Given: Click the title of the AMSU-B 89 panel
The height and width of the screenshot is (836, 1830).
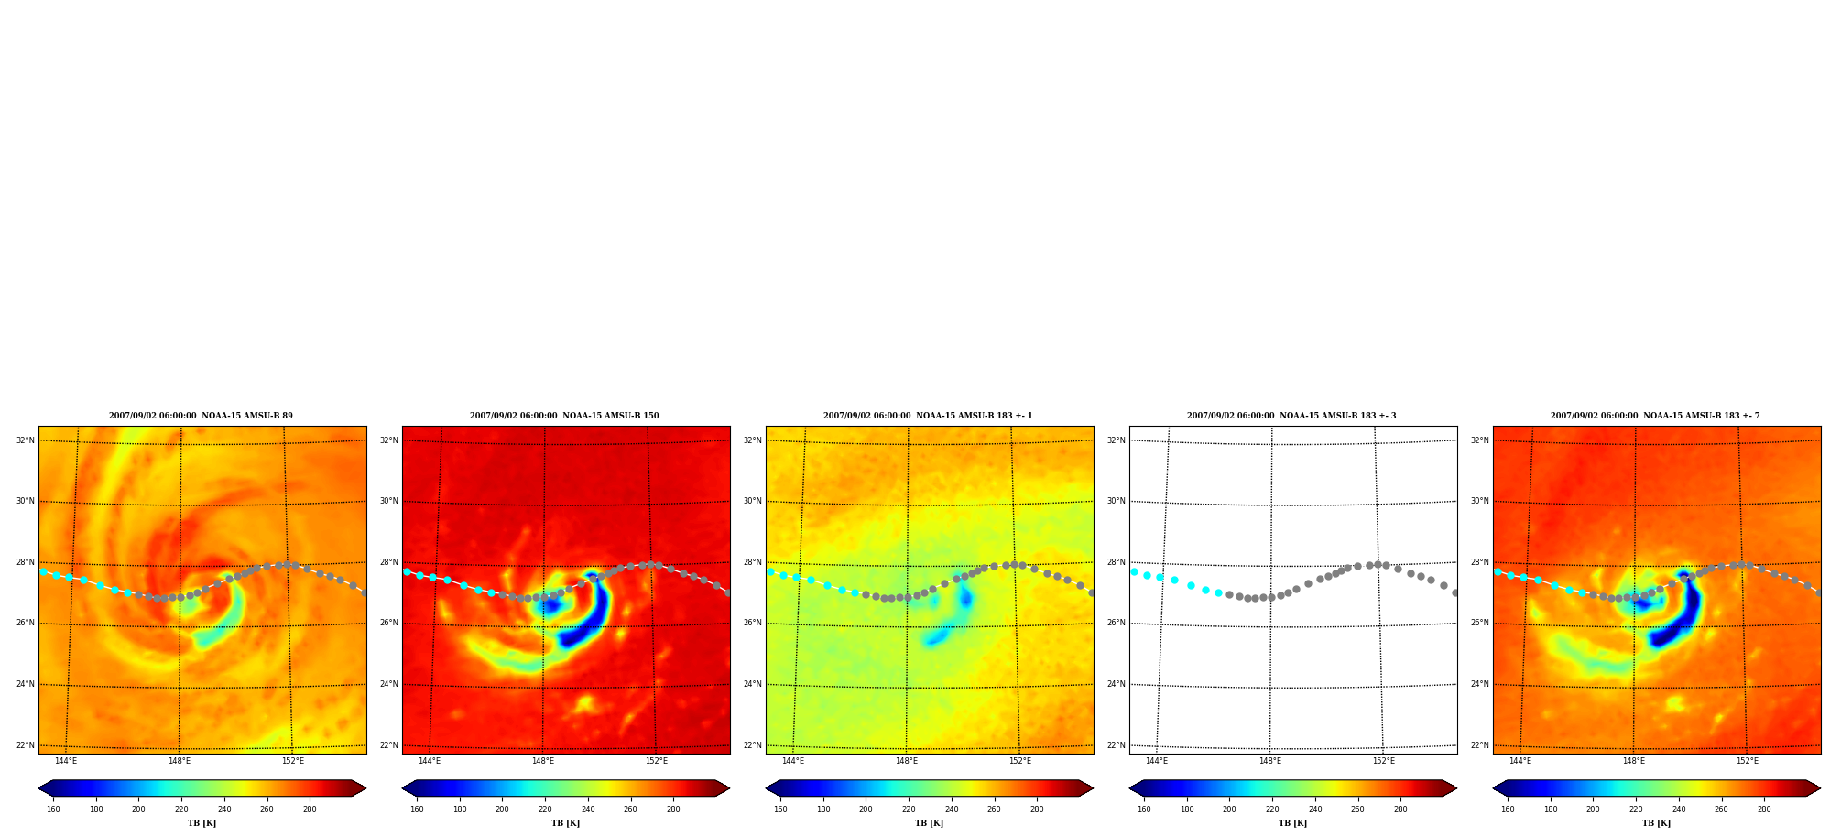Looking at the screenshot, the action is pos(201,416).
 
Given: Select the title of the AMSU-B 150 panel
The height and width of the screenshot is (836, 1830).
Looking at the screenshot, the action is pos(564,416).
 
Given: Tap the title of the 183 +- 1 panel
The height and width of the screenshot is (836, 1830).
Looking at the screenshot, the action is pos(928,416).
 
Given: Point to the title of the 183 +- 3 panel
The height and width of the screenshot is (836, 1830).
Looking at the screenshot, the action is pos(1291,416).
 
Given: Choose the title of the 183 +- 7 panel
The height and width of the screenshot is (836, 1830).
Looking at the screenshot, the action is pos(1655,416).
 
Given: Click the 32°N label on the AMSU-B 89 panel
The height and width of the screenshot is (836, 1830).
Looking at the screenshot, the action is pos(25,440).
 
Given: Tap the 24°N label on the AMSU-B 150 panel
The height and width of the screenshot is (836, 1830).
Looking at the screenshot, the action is pos(388,684).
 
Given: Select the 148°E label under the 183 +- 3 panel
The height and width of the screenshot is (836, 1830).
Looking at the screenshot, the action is pos(1269,761).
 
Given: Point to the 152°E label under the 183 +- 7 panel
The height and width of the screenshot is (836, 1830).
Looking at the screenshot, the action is pos(1747,761).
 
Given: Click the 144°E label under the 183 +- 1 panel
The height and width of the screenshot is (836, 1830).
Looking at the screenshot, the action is pos(792,761).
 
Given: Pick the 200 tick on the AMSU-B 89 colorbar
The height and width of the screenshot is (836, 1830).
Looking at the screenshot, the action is pos(138,809).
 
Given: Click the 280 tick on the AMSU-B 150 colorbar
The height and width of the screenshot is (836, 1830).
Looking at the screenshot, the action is pos(673,809).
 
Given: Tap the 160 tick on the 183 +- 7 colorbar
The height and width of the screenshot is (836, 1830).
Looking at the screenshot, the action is pos(1508,809).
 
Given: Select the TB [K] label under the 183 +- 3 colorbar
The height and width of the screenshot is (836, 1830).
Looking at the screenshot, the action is pos(1292,823).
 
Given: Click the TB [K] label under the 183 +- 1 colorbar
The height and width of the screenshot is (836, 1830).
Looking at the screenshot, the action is pos(929,823).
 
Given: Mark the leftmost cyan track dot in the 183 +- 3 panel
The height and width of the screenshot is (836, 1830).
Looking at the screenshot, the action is pos(1134,571).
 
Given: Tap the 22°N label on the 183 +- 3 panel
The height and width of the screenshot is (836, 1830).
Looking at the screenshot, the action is pos(1116,745).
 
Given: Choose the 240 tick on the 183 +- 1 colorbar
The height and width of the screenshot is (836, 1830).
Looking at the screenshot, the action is pos(952,809).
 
